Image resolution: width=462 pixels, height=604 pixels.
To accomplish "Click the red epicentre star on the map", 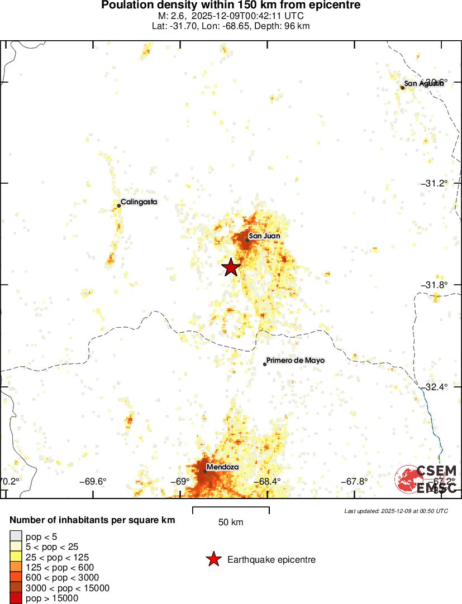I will point(231,267).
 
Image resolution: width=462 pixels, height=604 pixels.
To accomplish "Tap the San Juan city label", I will point(264,236).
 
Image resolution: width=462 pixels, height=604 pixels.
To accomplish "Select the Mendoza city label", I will point(222,467).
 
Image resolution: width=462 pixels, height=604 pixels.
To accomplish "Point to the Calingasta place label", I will point(139,202).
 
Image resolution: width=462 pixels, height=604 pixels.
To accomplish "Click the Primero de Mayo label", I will point(295,361).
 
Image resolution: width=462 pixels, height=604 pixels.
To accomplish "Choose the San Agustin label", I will point(424,84).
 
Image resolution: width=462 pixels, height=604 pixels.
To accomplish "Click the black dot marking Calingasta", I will point(119,205).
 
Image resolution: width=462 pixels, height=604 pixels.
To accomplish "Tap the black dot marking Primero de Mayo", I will point(265,364).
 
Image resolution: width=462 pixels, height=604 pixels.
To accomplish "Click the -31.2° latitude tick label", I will point(434,184).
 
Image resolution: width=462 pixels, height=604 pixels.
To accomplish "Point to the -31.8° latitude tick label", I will point(434,285).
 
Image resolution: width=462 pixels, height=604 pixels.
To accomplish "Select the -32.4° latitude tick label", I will point(434,387).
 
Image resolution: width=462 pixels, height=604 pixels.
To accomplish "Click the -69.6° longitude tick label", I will point(93,482).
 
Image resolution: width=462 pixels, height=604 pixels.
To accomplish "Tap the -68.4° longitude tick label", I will point(267,482).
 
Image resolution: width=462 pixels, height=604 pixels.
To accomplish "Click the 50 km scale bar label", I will point(231,522).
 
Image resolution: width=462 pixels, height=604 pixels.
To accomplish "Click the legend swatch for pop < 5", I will point(16,537).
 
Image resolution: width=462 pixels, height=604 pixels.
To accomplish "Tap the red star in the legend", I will point(213,559).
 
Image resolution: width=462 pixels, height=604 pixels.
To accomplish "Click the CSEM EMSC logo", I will point(426,479).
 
